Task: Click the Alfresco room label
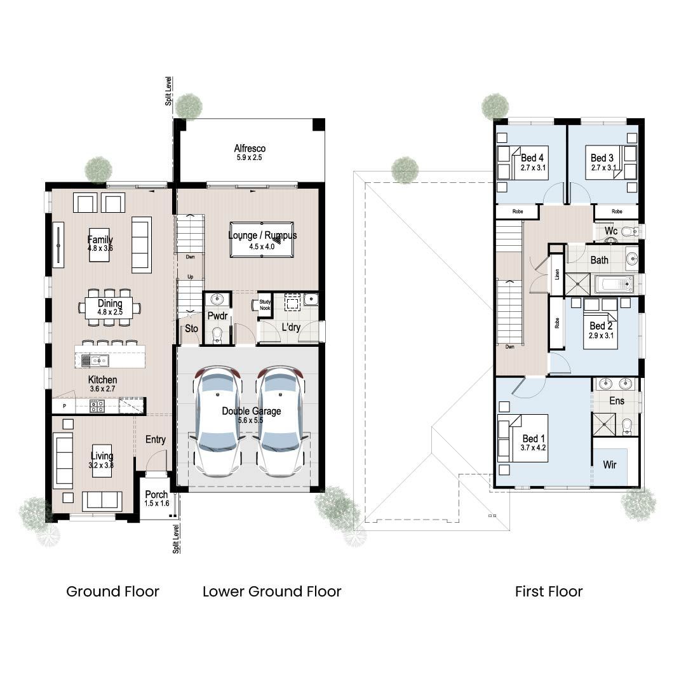(x=250, y=149)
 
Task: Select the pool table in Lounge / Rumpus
(x=261, y=239)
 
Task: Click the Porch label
(x=156, y=495)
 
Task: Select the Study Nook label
(x=264, y=306)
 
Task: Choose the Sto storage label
(x=191, y=329)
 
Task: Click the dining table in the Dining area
(x=110, y=308)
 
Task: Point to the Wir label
(x=609, y=465)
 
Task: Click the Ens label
(x=616, y=401)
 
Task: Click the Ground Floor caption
(x=112, y=591)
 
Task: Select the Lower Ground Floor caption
(x=272, y=591)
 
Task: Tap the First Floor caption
(x=548, y=591)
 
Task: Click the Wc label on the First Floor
(x=611, y=231)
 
